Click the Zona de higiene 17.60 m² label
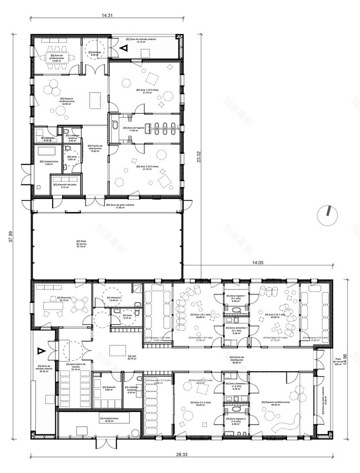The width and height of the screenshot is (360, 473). coord(131,129)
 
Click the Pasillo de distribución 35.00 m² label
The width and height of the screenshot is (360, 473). coord(237,359)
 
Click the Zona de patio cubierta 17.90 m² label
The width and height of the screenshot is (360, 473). coord(121,206)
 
